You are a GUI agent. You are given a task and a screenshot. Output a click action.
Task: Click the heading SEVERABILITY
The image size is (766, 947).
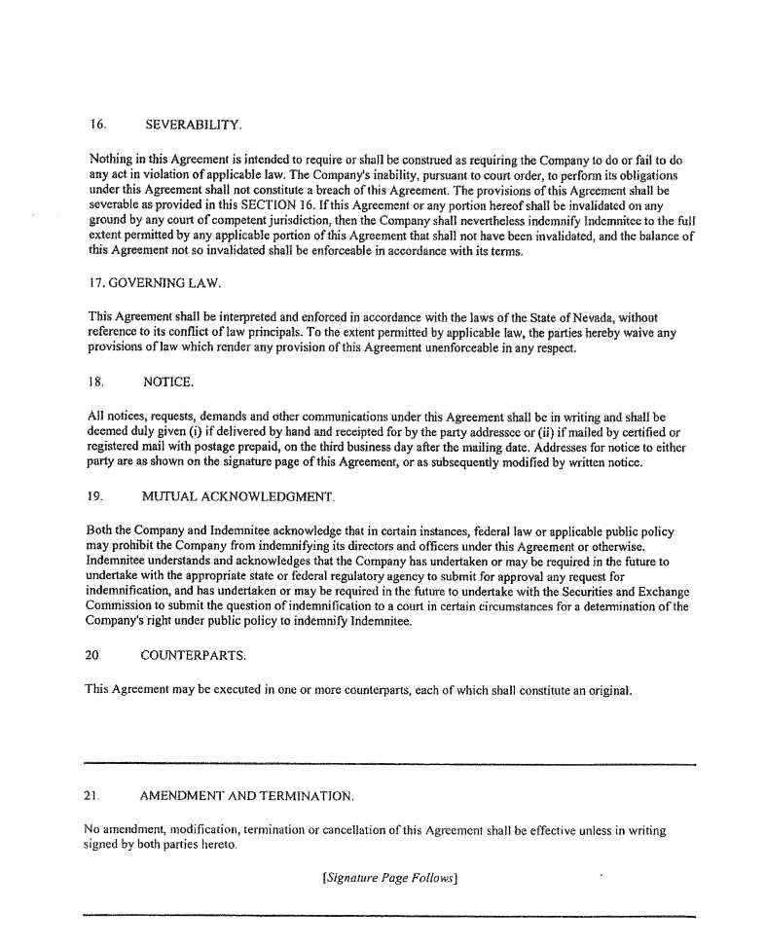point(193,125)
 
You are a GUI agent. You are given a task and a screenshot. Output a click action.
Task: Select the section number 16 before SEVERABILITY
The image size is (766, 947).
point(96,125)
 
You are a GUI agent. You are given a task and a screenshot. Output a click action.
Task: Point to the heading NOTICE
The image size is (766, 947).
point(167,382)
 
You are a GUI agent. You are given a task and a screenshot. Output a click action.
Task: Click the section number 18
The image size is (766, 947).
point(95,382)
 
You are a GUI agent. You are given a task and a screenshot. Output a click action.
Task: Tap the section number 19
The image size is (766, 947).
point(95,497)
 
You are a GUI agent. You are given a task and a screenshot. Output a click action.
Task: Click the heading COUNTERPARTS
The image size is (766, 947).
point(193,656)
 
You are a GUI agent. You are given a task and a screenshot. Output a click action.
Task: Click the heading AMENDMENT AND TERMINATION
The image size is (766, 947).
point(247,796)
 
